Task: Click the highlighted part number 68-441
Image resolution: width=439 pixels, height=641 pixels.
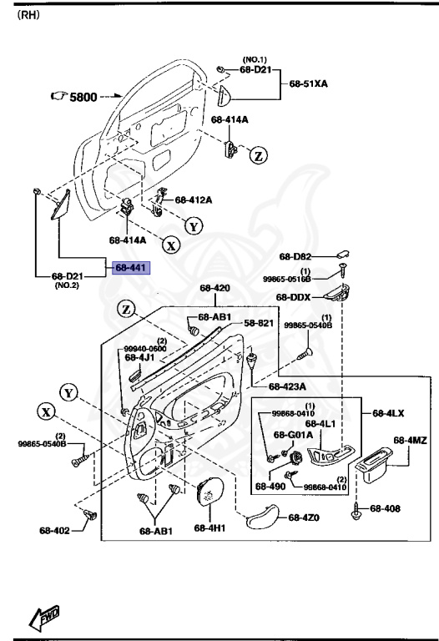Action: (x=130, y=268)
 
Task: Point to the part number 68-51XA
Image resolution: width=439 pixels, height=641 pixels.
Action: (x=309, y=84)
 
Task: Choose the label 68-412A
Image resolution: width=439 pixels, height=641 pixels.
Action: (x=193, y=200)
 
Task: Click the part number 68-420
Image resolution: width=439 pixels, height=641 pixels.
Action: (x=214, y=289)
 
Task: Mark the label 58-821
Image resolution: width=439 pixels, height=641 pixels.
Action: (x=259, y=323)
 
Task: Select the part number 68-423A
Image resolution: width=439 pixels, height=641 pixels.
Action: (x=287, y=386)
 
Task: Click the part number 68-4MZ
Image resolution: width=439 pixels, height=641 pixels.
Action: (x=410, y=440)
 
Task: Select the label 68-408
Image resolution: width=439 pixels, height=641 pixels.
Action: (x=385, y=508)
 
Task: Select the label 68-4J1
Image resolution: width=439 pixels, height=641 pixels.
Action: (x=139, y=358)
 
